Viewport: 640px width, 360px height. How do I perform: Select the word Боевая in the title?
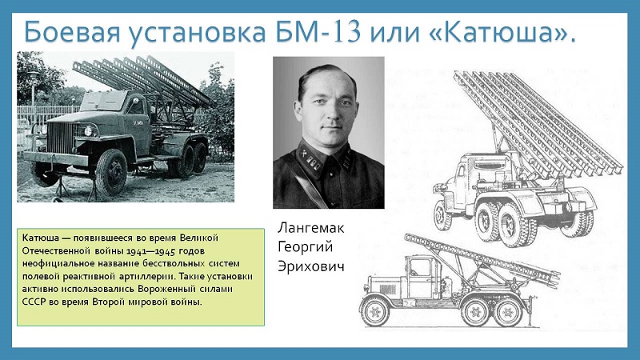pos(72,32)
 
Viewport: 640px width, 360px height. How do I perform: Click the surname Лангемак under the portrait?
pos(311,228)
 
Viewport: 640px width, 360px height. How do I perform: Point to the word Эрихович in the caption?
pos(311,266)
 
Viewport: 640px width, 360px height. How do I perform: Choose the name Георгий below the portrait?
pos(306,247)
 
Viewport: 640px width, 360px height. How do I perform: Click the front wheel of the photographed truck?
pos(110,172)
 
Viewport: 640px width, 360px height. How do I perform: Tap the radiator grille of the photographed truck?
pos(60,137)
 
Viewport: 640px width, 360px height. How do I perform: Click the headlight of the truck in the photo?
pos(88,131)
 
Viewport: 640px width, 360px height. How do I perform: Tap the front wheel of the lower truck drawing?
pos(375,313)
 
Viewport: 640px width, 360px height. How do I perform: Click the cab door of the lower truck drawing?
pos(420,275)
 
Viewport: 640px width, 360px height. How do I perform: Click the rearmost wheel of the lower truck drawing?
pos(508,313)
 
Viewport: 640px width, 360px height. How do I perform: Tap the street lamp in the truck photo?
pos(33,88)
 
